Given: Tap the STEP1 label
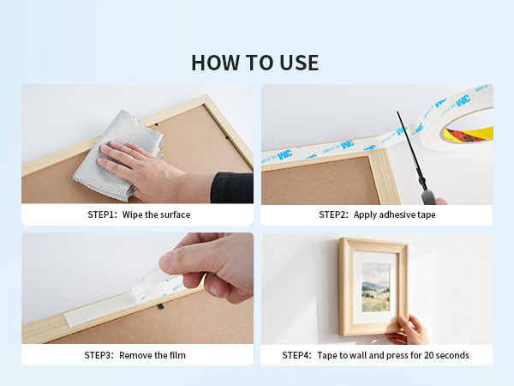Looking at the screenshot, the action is click(x=102, y=214).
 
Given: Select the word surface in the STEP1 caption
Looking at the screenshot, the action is click(x=175, y=214).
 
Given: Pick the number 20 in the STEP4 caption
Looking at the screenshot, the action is click(x=429, y=355).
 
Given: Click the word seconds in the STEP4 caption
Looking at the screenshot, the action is click(x=453, y=355).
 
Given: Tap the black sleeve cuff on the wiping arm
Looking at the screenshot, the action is click(x=232, y=188).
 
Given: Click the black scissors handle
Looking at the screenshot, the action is click(x=428, y=197).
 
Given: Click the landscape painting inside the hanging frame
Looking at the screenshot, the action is click(x=376, y=287).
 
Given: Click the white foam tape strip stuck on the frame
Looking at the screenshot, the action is click(x=99, y=311).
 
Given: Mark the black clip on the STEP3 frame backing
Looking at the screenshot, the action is click(x=160, y=306).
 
